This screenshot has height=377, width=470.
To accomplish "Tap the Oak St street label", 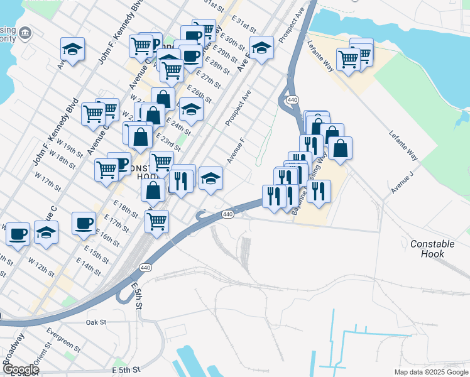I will coord(96,322).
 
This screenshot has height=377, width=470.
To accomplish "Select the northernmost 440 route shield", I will coord(292,100).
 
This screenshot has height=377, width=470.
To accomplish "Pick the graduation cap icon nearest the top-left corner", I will coord(73,49).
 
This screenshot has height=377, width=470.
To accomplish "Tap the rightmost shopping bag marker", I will coord(340,148).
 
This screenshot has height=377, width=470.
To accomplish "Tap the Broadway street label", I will coord(14,346).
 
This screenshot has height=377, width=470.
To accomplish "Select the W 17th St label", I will coord(48,182).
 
